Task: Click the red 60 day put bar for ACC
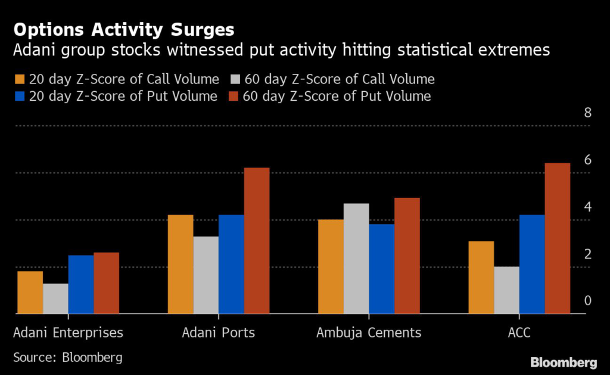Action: point(558,238)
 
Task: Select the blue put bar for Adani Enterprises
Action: point(80,284)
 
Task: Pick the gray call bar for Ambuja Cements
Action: point(356,259)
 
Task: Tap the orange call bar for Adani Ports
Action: point(180,264)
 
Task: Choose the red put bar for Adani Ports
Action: point(257,241)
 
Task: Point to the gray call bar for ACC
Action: point(507,290)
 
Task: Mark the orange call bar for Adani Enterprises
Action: point(30,292)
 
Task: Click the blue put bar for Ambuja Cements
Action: point(381,269)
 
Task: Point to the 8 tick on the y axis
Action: point(587,113)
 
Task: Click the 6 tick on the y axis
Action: point(587,160)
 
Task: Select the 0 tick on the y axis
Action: point(587,301)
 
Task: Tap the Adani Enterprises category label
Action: point(68,333)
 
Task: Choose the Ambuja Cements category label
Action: point(369,333)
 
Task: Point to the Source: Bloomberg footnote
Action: point(68,358)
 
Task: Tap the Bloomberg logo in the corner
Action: point(564,362)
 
